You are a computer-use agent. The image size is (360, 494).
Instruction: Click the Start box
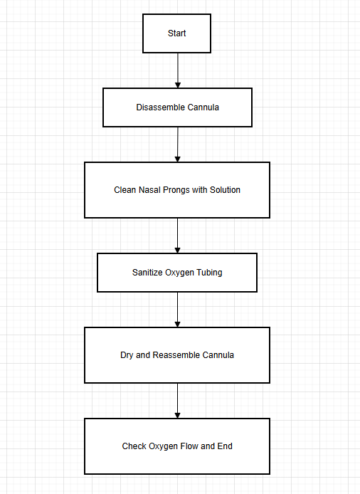click(177, 33)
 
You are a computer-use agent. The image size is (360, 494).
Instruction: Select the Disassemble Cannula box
click(177, 107)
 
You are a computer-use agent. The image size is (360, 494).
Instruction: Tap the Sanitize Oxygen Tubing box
click(177, 273)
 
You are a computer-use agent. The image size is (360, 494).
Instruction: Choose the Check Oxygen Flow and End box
click(177, 446)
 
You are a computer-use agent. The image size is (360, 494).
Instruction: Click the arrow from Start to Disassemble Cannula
click(177, 70)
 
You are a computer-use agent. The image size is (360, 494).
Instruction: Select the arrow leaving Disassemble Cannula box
click(177, 144)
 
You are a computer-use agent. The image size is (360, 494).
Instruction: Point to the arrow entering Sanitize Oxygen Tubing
click(177, 236)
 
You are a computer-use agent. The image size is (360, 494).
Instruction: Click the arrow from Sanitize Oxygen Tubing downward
click(177, 310)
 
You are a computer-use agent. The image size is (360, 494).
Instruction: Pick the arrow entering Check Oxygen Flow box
click(177, 401)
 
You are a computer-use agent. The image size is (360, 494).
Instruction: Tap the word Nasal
click(148, 190)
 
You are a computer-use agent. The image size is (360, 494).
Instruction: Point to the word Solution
click(225, 190)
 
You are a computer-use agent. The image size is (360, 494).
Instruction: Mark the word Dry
click(127, 355)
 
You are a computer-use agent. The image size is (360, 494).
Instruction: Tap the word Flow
click(191, 446)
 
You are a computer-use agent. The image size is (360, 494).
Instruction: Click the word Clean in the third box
click(125, 190)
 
